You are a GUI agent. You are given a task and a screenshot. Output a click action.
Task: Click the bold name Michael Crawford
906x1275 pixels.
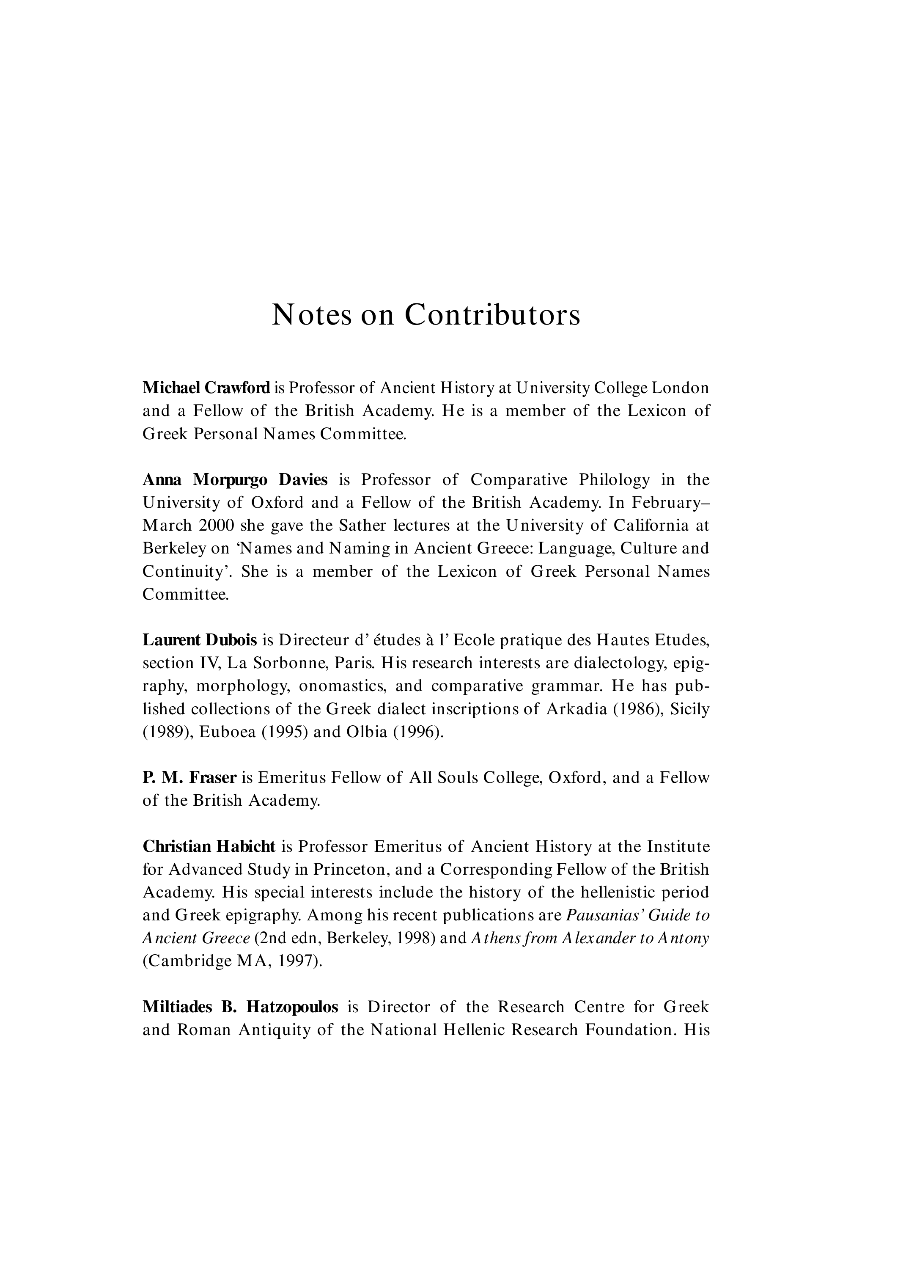(206, 387)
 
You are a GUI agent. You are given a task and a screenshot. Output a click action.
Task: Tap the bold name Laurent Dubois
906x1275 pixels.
(200, 639)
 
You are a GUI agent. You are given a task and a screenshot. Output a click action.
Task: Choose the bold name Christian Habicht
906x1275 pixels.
(209, 846)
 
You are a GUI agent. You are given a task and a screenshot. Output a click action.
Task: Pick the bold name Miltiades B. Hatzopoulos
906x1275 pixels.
(240, 1007)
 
